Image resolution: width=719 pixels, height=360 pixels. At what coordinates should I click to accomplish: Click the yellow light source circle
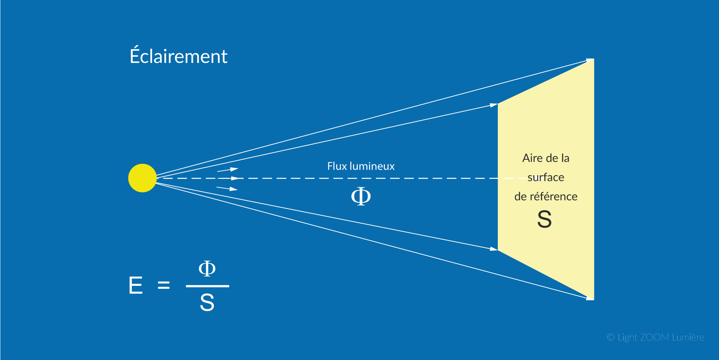(x=142, y=178)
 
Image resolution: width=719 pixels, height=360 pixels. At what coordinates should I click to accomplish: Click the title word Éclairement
(x=179, y=56)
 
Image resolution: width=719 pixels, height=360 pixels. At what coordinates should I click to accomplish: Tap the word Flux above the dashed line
(x=337, y=166)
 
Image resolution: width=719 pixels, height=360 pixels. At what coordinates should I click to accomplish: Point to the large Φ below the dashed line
(x=361, y=196)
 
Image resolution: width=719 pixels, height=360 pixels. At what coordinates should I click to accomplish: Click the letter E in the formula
(x=136, y=286)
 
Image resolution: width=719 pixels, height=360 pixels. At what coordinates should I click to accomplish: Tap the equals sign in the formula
(x=164, y=286)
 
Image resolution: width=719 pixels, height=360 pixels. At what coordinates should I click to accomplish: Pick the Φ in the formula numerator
(x=207, y=269)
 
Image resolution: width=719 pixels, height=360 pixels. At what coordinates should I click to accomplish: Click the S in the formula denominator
(x=207, y=303)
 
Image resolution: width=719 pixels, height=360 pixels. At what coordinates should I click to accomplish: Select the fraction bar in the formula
(x=207, y=286)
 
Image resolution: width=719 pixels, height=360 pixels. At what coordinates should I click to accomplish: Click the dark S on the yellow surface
(x=544, y=219)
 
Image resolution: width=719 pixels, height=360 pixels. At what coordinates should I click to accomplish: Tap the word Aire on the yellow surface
(x=532, y=158)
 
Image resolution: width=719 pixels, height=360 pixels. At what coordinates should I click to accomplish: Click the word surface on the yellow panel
(x=546, y=177)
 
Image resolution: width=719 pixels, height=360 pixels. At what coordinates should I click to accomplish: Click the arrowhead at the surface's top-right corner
(x=589, y=60)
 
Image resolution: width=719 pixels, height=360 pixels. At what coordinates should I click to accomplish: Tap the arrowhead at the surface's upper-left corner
(x=493, y=105)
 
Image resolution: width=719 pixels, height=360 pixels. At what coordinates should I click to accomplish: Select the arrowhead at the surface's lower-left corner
(x=493, y=249)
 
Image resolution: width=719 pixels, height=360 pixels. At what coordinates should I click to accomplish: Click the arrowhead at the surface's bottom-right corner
(x=589, y=298)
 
